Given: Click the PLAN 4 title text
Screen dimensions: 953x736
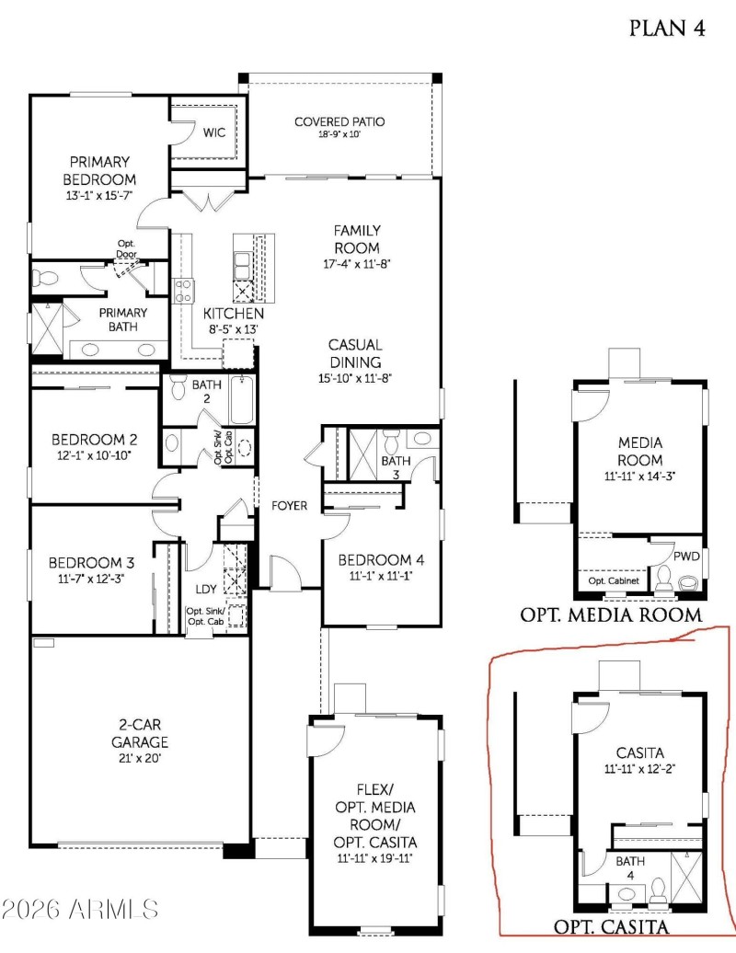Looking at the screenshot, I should coord(667,28).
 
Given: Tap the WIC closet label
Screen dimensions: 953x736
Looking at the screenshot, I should coord(214,132).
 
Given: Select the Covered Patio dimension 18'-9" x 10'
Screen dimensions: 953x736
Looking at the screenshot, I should coord(339,134).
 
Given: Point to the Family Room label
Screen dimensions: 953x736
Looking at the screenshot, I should coord(357,238).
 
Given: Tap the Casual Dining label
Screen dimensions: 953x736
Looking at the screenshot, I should coord(355,353).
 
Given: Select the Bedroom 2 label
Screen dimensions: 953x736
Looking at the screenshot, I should coord(94,439).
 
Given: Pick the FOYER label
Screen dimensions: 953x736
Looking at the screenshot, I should coord(288,505).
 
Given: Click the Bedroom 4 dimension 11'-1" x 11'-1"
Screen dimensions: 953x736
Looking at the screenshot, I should coord(380,576).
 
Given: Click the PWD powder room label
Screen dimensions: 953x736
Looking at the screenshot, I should coord(686,557).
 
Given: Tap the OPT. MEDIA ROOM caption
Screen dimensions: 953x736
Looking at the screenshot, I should coord(612,614).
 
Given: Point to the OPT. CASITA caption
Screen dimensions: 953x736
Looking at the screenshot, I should coord(611,925).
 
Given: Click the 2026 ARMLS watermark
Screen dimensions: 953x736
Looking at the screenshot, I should coord(80,910).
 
